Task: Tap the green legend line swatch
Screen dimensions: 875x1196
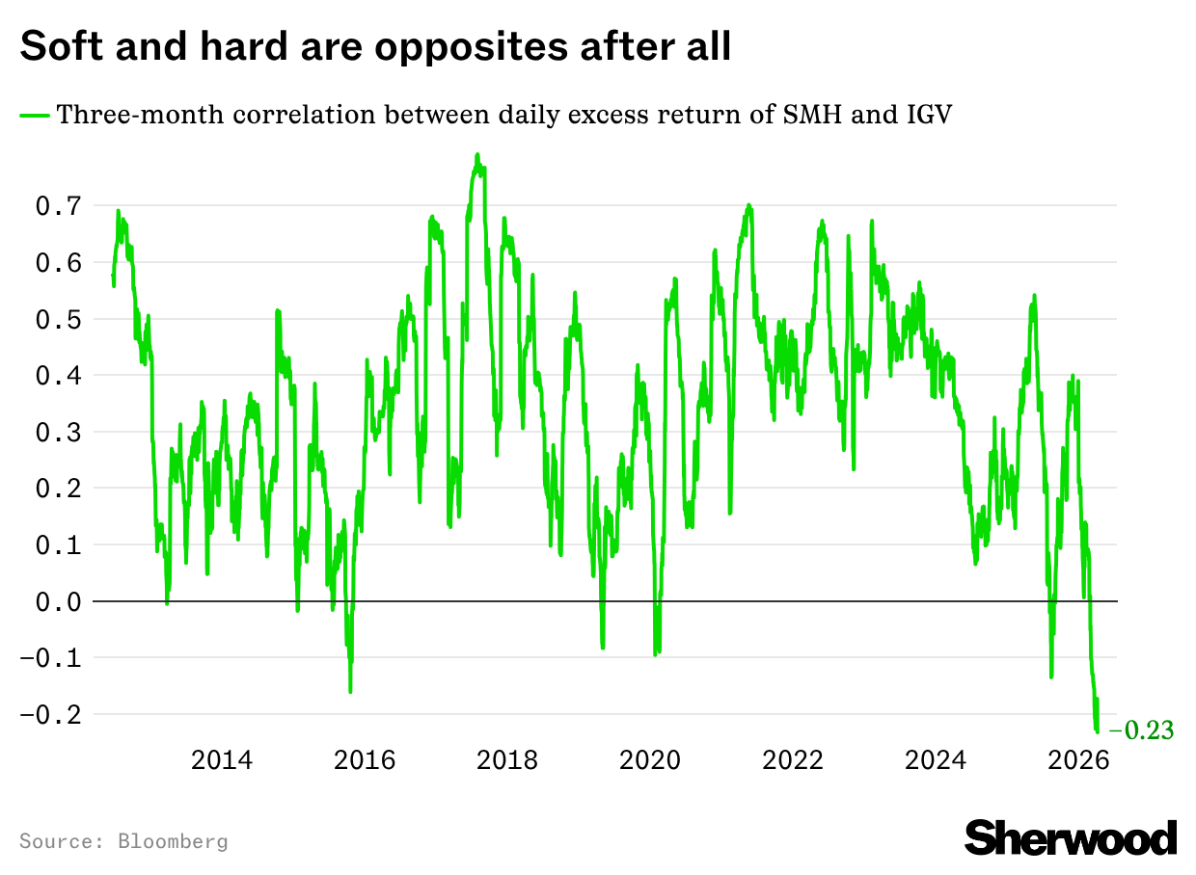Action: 35,116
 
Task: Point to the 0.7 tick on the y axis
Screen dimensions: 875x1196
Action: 58,206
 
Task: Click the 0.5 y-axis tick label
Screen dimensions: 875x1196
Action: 58,319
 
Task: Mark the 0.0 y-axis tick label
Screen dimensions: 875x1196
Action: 58,601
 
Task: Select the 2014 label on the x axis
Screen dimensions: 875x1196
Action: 222,760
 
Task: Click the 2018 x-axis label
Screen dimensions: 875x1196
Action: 507,760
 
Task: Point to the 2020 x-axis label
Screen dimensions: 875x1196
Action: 650,760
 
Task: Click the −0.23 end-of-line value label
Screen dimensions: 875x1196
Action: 1142,731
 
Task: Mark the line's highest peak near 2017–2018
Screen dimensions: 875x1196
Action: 476,154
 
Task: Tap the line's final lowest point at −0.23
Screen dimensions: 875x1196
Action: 1097,731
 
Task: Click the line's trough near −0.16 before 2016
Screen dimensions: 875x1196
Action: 350,691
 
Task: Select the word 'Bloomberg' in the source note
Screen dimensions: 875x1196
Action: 173,841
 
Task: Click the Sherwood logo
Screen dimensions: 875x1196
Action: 1071,836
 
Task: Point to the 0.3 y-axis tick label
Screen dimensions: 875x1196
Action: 58,432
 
